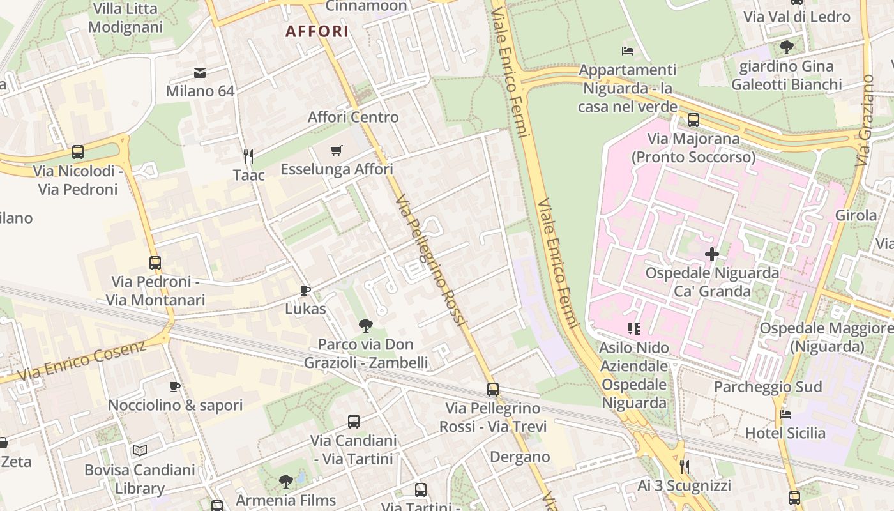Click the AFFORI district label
317,31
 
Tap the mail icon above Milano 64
200,72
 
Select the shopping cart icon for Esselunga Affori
337,151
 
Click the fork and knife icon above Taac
248,155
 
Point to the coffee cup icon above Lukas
305,291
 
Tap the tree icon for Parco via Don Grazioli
365,326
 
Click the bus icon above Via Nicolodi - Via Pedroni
78,152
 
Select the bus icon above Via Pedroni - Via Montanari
155,263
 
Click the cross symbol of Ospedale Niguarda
712,254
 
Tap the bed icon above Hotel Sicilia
785,415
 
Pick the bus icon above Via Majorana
693,119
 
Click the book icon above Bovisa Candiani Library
140,450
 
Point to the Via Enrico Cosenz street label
82,361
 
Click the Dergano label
520,457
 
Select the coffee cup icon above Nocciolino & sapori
175,386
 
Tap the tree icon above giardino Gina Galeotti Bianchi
787,47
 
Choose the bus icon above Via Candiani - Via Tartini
354,422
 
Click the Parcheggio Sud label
759,387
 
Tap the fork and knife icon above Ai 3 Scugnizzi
685,467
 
